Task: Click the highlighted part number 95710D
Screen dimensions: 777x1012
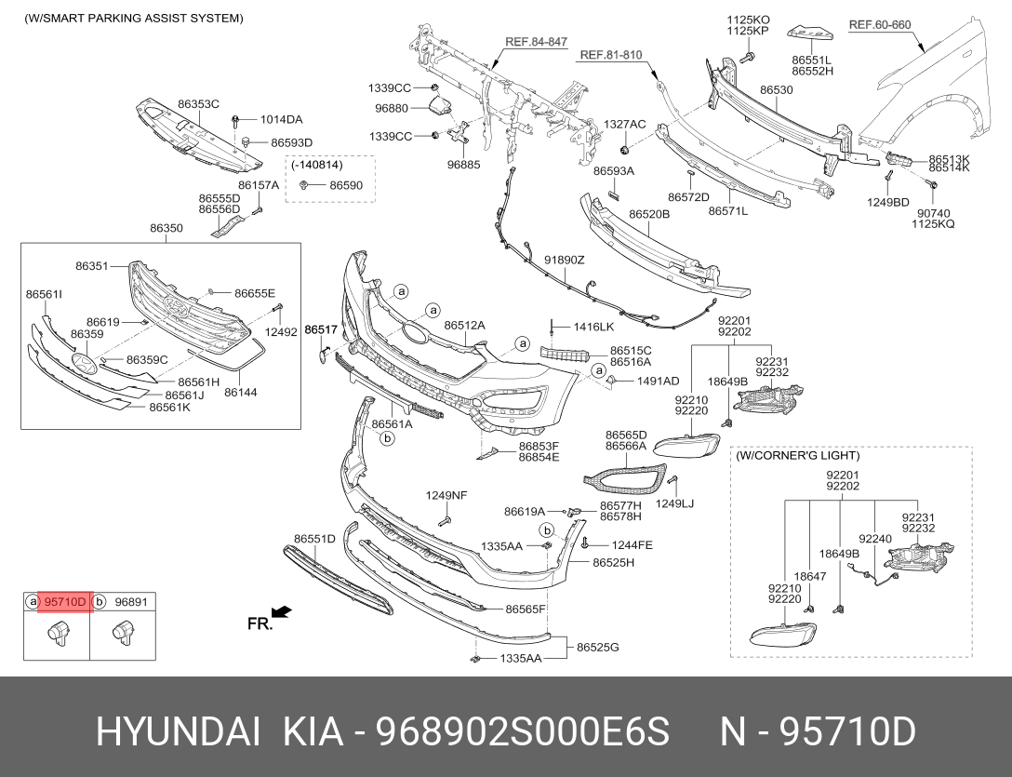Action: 65,602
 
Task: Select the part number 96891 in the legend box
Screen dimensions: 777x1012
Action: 131,602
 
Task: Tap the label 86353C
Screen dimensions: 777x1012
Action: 198,104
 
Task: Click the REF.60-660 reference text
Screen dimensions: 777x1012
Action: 879,25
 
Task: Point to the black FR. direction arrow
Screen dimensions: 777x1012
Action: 282,611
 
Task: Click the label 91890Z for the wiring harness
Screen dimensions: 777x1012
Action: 564,260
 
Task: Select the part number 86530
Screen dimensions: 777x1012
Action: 776,90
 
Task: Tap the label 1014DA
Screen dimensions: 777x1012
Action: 281,119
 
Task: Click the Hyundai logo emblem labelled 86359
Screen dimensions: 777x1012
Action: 84,362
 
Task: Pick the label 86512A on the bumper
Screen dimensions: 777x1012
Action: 464,326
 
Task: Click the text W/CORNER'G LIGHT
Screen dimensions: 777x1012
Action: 798,456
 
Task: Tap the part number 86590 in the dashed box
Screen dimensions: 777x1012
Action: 346,185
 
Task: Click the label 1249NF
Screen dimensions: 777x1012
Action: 446,495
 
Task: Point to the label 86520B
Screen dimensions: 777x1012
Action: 648,214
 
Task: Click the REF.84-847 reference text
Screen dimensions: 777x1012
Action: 536,42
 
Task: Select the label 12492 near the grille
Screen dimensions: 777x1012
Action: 280,332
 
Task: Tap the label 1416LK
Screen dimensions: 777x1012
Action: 593,327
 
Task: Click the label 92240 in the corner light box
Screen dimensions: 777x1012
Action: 874,538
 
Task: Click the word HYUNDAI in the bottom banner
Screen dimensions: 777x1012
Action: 177,732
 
